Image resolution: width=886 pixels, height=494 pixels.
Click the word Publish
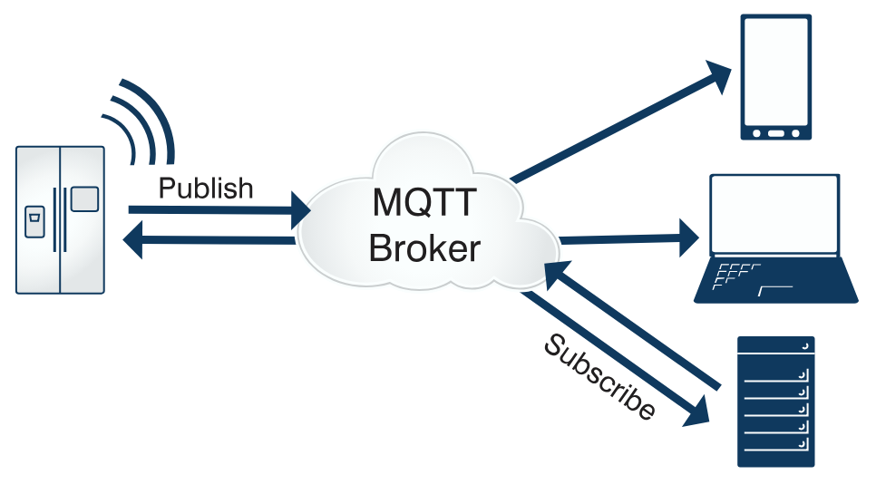[206, 189]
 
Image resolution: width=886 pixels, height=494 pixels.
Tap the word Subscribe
[599, 376]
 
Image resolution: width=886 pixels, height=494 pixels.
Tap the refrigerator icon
[60, 220]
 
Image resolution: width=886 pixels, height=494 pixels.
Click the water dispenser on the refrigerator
[34, 220]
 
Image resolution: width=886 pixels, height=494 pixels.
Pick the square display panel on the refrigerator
[84, 199]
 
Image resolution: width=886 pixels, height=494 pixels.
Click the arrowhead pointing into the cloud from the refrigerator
[300, 211]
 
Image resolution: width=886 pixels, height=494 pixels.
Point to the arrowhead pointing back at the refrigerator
[133, 241]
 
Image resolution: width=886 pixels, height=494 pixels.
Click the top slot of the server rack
[775, 347]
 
